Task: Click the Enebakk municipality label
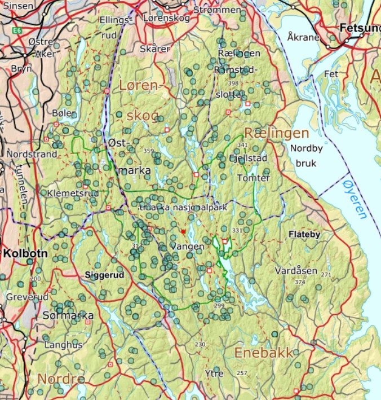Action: pos(264,353)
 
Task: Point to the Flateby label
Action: pos(304,234)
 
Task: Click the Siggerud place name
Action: pos(104,276)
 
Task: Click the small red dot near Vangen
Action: pos(183,231)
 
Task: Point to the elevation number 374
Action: pos(299,282)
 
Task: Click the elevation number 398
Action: pos(233,83)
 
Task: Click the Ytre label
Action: pos(214,373)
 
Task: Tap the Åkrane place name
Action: pos(303,37)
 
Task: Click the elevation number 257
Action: pos(242,373)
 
